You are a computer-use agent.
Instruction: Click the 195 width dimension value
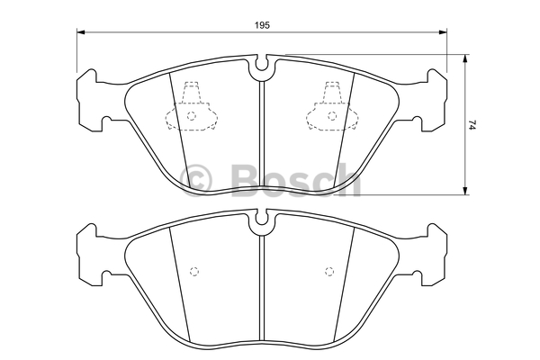[262, 25]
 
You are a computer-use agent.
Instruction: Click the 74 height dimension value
[472, 124]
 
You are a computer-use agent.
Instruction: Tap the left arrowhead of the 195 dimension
[80, 32]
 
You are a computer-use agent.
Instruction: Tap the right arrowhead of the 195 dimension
[443, 32]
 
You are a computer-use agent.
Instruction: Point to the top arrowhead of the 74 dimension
[465, 58]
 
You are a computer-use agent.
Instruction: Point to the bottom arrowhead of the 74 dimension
[465, 191]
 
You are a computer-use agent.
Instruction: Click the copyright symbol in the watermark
[196, 180]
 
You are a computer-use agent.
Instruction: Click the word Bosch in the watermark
[296, 180]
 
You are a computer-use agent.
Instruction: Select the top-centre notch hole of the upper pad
[262, 65]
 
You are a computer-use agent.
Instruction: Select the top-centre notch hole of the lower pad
[262, 220]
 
